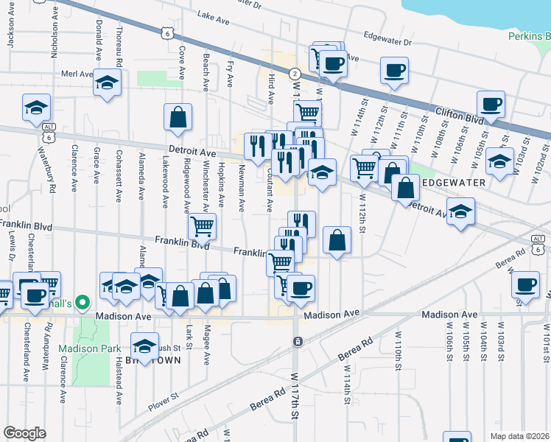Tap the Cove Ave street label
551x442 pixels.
[181, 63]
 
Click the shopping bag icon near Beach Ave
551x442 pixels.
[178, 116]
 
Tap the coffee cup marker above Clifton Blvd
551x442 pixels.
[490, 104]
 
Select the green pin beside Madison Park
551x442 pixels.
[83, 302]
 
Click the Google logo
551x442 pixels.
[24, 433]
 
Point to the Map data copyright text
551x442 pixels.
[519, 436]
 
